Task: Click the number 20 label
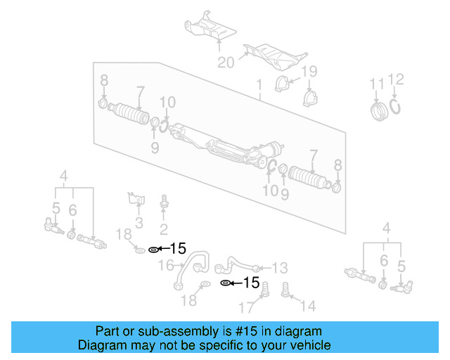[x=225, y=63]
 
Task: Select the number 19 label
[x=309, y=72]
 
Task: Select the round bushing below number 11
[x=380, y=112]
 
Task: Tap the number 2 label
[x=163, y=229]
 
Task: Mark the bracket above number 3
[x=135, y=199]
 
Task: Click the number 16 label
[x=167, y=265]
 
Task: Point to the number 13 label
[x=279, y=267]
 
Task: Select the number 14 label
[x=309, y=306]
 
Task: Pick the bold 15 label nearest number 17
[x=251, y=283]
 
